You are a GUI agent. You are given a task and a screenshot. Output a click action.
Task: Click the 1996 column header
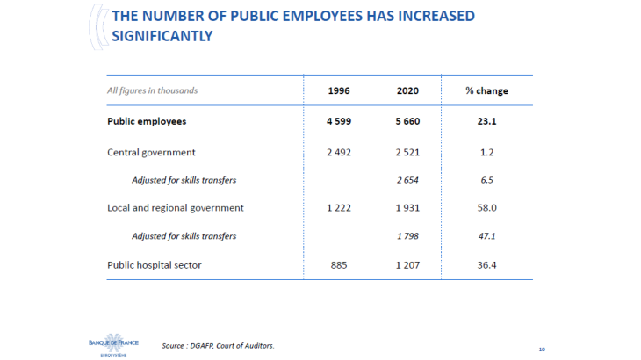coord(339,90)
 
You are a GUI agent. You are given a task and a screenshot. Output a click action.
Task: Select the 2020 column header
coord(407,90)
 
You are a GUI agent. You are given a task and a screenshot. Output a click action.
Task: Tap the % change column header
coord(486,90)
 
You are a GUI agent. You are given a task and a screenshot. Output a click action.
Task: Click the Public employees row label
coord(147,121)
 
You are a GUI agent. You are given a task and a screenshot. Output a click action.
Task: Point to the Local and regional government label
coord(175,208)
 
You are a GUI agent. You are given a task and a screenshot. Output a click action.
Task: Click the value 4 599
coord(339,121)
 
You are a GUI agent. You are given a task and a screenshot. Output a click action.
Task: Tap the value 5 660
coord(407,121)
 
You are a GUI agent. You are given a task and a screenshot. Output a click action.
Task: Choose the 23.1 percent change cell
coord(486,121)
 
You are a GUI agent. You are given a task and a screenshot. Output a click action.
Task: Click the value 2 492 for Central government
coord(339,152)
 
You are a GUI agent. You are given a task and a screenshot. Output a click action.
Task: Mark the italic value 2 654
coord(407,180)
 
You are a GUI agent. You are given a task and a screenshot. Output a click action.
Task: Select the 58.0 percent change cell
coord(486,208)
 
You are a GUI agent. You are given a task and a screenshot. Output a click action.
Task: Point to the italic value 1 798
coord(407,236)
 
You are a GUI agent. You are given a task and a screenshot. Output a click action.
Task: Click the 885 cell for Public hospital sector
coord(339,264)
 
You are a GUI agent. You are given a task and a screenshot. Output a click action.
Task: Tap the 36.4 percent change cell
coord(486,264)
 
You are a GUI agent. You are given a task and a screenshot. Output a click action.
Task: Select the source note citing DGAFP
coord(218,345)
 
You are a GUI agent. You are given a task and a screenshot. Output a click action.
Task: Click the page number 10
coord(542,349)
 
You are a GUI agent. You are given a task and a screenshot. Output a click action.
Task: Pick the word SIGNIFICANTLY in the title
coord(162,36)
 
